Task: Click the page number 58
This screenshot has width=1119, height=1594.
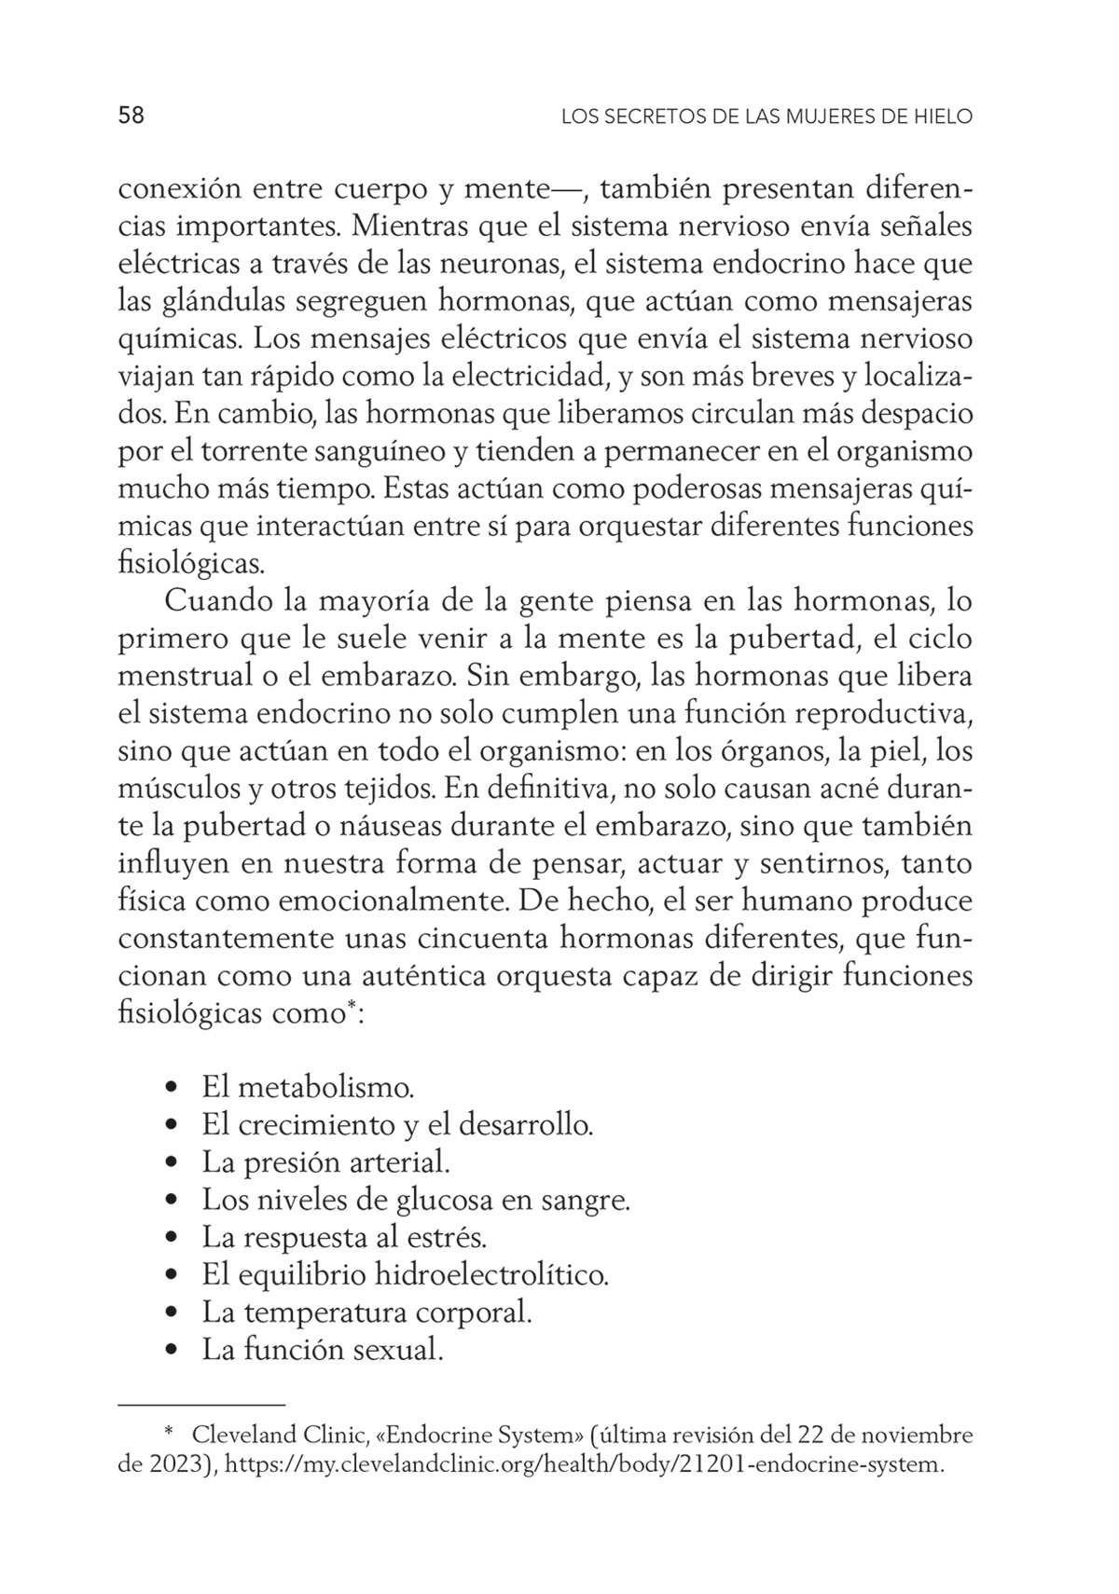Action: point(131,116)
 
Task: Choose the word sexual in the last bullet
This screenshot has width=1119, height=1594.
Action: point(398,1351)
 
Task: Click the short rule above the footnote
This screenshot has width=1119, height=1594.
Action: point(201,1403)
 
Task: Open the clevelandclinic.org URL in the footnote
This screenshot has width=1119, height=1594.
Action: point(585,1465)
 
